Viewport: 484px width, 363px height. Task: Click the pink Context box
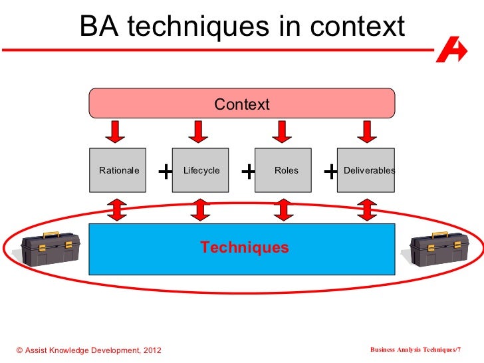(242, 104)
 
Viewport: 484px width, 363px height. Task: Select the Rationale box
(118, 170)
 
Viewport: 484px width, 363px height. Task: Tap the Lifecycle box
(201, 170)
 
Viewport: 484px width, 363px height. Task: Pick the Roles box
(286, 170)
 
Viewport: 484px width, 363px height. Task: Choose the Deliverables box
(368, 170)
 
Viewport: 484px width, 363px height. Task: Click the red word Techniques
(245, 248)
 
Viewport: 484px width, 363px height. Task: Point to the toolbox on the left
(50, 249)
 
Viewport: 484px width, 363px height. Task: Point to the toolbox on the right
(438, 249)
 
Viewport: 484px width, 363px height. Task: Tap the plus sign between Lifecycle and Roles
(248, 172)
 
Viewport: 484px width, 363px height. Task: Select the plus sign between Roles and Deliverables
(330, 172)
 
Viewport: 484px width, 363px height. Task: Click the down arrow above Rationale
(116, 131)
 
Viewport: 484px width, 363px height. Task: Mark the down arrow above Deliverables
(366, 131)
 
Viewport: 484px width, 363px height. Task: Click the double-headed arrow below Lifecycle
(199, 209)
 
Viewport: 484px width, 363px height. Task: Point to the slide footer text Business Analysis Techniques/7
(415, 350)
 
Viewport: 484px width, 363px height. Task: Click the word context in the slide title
(359, 27)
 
